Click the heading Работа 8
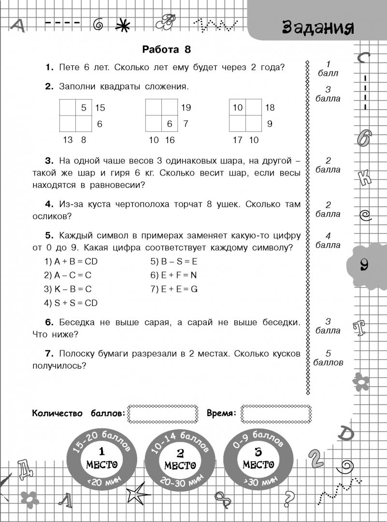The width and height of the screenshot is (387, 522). (167, 50)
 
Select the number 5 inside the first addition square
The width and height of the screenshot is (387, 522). (84, 108)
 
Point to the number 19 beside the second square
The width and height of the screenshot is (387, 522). (186, 108)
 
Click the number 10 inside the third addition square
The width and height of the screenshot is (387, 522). (237, 108)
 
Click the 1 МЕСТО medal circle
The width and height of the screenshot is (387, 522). (101, 458)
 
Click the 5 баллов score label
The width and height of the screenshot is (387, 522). (328, 358)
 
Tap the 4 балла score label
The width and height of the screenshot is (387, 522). (328, 241)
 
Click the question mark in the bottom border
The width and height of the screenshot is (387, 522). (289, 496)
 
